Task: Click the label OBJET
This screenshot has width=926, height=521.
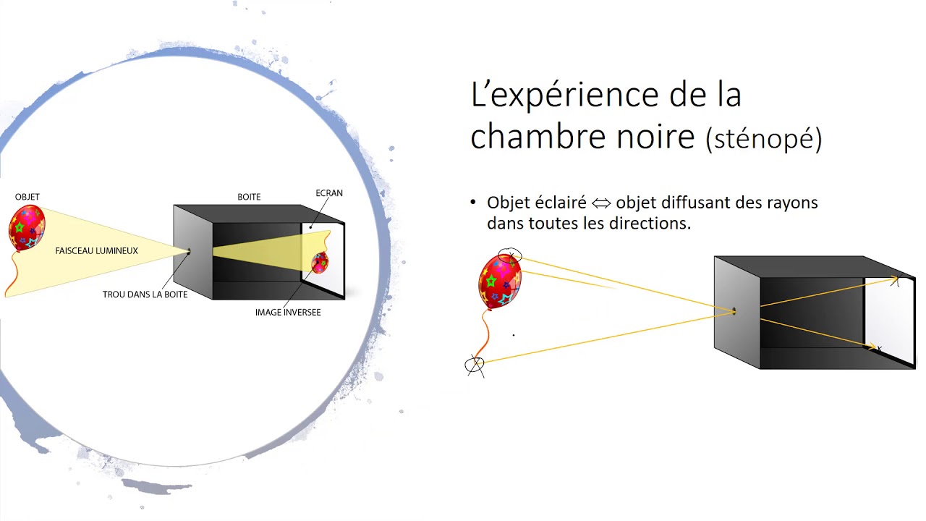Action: click(x=27, y=197)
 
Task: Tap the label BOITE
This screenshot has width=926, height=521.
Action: click(x=249, y=197)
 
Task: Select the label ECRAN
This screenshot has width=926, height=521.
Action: click(x=329, y=193)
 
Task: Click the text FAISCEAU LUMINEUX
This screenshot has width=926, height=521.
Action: click(x=96, y=251)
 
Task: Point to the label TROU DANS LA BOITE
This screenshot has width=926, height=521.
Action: click(x=145, y=295)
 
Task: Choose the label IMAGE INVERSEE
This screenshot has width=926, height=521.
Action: click(x=288, y=313)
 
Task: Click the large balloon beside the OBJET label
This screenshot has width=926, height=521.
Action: click(x=27, y=227)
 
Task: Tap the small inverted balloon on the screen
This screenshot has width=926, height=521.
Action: click(x=320, y=263)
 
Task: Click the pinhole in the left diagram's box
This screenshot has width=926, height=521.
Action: click(x=189, y=252)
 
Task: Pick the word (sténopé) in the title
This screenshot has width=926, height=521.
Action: click(x=764, y=139)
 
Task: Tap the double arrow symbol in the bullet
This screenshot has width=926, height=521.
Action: click(x=601, y=203)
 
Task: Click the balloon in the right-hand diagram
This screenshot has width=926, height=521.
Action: click(x=499, y=281)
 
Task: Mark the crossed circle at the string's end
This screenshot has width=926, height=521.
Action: click(x=475, y=365)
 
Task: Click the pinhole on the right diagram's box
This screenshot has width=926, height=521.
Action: click(x=734, y=312)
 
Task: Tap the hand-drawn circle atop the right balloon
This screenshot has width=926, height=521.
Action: click(x=510, y=255)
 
